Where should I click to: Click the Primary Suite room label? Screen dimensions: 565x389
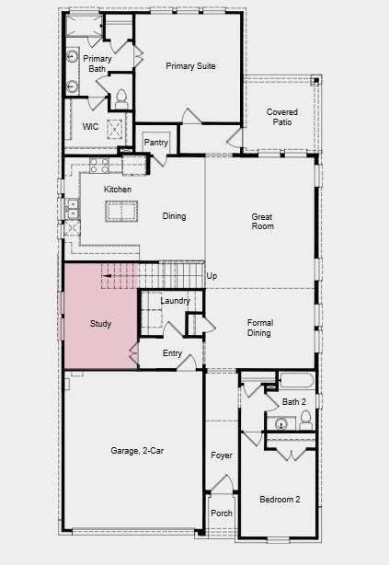point(190,66)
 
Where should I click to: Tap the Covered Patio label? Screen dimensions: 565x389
point(282,117)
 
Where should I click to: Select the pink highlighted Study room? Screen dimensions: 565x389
point(100,324)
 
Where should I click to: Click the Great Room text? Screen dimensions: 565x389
point(263,222)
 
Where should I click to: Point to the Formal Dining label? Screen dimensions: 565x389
point(258,328)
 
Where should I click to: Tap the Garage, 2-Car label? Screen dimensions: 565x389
point(132,451)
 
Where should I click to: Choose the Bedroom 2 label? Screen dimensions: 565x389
point(279,500)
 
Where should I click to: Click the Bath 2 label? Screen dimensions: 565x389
point(294,402)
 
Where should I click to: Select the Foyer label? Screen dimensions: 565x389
point(221,455)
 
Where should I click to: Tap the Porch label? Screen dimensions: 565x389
point(221,513)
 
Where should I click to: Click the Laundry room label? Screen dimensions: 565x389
point(175,301)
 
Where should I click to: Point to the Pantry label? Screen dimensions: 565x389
point(156,143)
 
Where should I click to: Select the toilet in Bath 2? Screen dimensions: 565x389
point(304,421)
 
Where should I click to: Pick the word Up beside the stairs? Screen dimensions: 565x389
point(212,276)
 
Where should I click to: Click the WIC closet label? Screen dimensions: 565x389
point(90,127)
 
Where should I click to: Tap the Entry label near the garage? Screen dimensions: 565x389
point(172,353)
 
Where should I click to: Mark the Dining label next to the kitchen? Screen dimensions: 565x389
point(174,216)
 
